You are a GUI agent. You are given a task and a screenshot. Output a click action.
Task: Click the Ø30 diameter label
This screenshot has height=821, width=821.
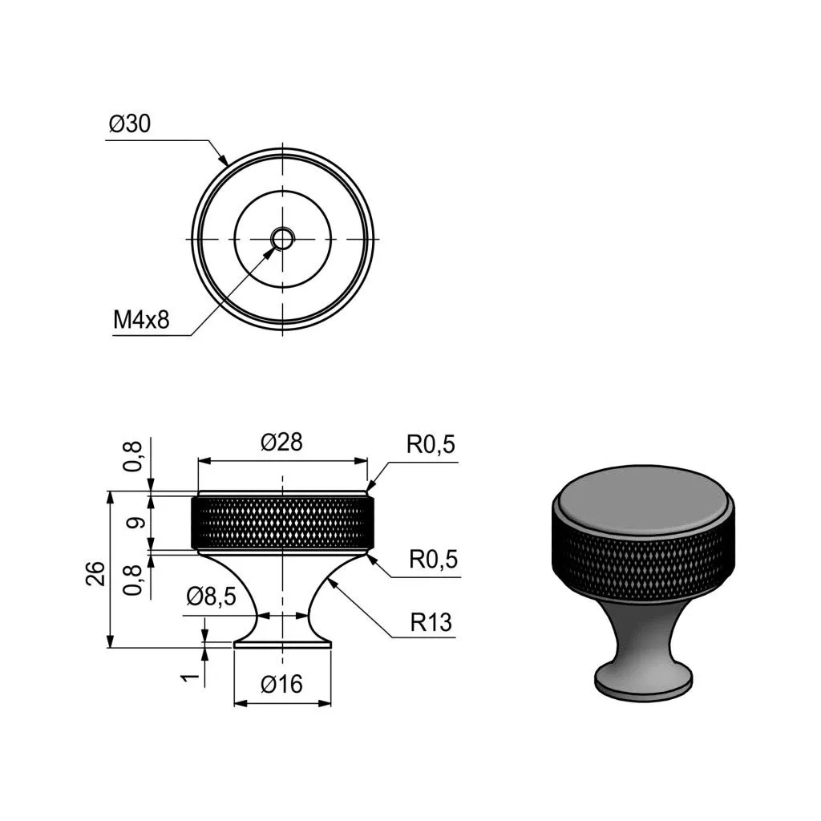click(x=129, y=123)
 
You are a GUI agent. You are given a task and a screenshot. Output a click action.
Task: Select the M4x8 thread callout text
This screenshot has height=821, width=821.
click(x=141, y=319)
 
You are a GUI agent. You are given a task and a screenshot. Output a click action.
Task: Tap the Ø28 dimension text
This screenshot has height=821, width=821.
click(x=281, y=443)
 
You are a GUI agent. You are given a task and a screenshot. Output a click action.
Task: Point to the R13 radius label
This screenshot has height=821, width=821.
click(x=431, y=622)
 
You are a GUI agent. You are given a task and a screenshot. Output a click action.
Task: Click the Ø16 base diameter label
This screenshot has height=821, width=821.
click(x=281, y=684)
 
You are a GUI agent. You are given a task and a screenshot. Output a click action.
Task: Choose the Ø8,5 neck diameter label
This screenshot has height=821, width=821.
click(x=211, y=597)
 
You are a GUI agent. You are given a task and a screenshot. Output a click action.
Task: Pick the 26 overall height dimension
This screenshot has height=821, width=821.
click(x=97, y=572)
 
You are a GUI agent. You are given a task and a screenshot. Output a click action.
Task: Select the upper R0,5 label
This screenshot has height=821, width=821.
click(x=431, y=444)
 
